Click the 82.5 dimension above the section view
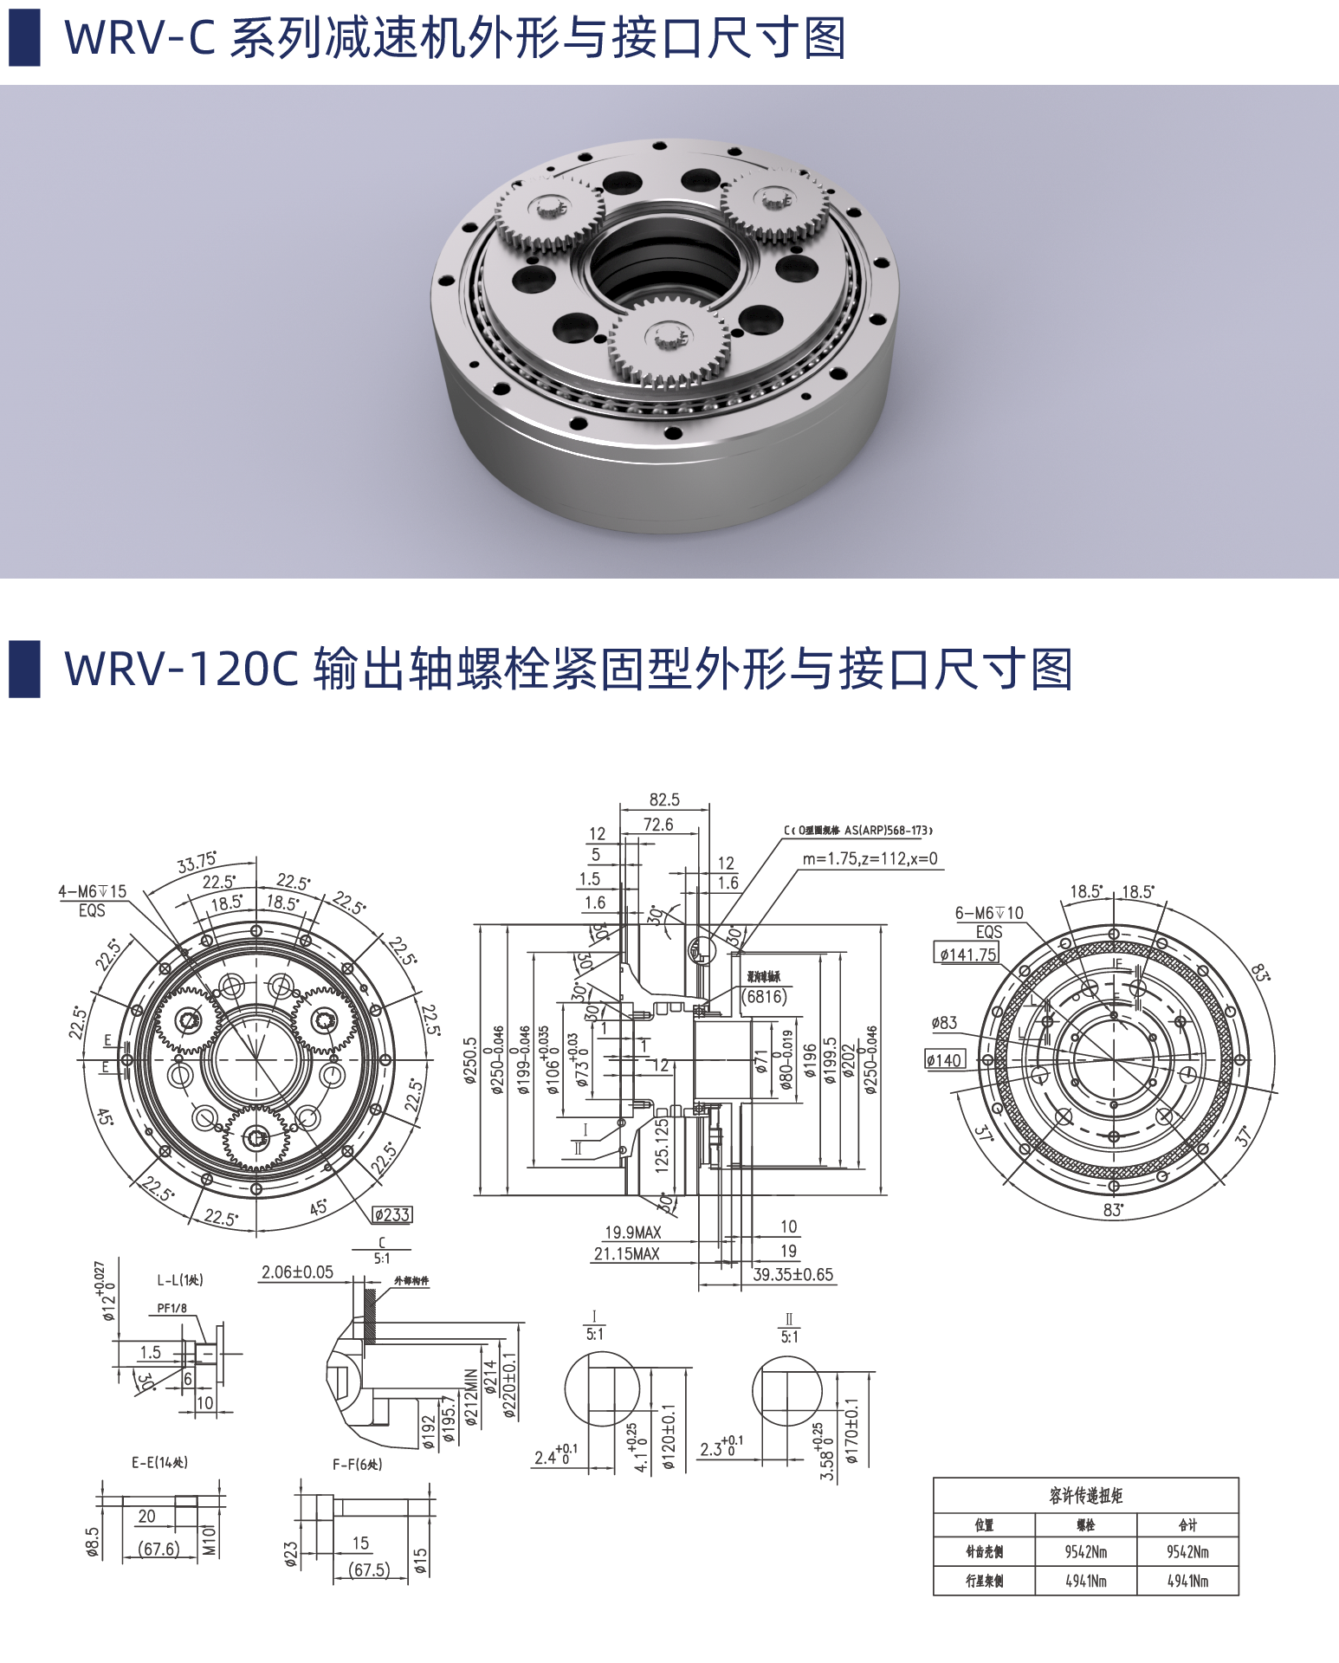click(x=664, y=799)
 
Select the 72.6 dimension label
click(x=658, y=825)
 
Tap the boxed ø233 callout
click(x=392, y=1215)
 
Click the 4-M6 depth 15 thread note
click(x=92, y=891)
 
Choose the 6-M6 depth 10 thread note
click(x=988, y=913)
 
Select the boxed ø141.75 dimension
click(x=967, y=954)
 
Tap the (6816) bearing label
click(x=765, y=996)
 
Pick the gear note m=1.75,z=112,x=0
click(x=870, y=858)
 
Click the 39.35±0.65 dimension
click(x=792, y=1274)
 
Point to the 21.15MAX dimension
click(x=626, y=1253)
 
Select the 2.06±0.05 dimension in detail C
click(x=297, y=1272)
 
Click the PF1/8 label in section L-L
click(x=171, y=1309)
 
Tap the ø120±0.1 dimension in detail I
click(x=669, y=1437)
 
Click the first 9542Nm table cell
click(x=1085, y=1552)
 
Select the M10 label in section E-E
click(x=210, y=1541)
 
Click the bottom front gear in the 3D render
click(x=668, y=339)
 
